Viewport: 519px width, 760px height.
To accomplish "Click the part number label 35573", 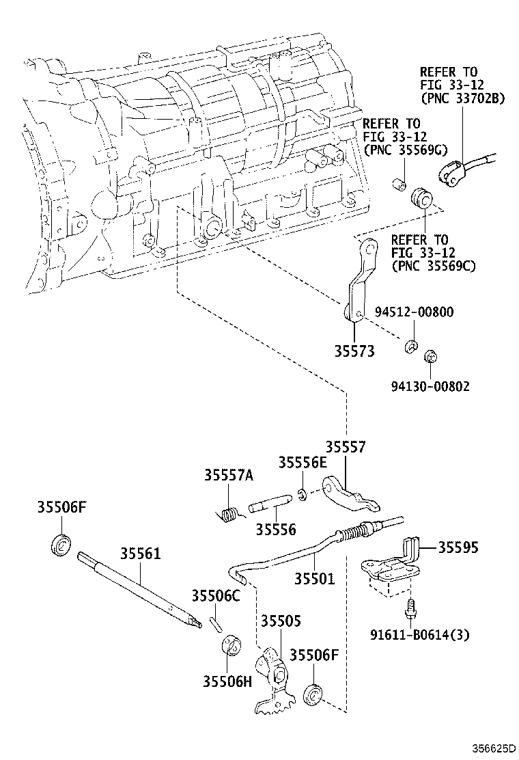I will point(354,351).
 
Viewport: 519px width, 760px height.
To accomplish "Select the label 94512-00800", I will point(414,312).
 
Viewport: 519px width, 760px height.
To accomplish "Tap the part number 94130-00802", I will point(430,386).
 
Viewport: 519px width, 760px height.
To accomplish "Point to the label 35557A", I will point(228,476).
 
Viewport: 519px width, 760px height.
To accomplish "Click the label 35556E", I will point(303,462).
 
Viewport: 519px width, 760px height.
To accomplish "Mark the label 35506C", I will point(216,596).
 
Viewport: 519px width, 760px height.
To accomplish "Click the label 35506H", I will point(227,681).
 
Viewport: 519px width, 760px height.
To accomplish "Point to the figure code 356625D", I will point(491,748).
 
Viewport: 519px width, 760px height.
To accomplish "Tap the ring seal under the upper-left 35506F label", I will point(61,547).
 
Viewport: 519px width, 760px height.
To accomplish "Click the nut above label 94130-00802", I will point(430,358).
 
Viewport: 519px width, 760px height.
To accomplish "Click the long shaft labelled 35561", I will point(141,588).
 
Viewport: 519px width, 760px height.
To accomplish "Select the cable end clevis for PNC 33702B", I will point(451,174).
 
